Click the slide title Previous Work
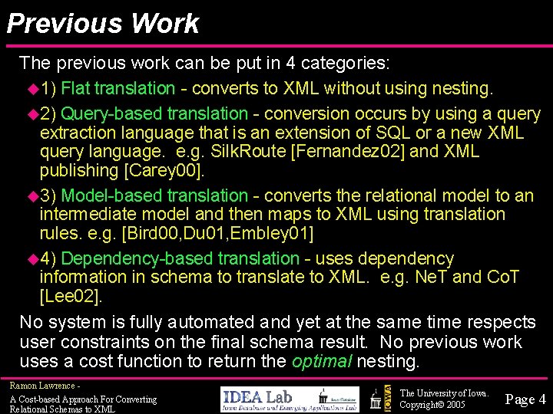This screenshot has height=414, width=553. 102,24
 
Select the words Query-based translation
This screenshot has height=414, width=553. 154,114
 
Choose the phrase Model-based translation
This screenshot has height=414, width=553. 154,196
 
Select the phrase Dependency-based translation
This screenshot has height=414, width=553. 180,259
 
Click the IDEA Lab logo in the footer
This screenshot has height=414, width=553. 290,398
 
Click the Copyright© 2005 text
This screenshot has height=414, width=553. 432,404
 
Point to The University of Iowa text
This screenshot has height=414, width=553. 444,393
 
